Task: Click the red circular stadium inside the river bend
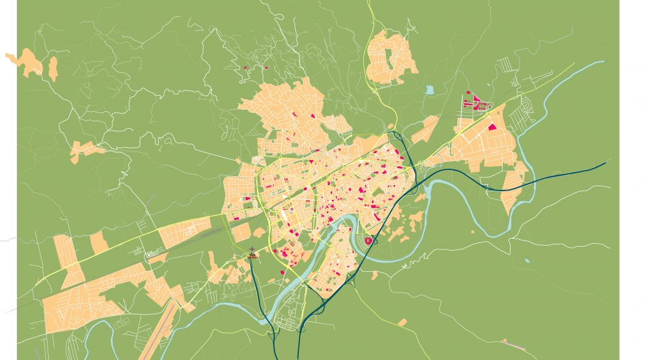(x=368, y=240)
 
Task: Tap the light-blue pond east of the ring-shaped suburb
(x=430, y=90)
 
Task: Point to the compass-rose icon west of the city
(x=251, y=253)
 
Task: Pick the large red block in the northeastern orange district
(x=492, y=127)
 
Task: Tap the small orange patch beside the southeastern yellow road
(x=403, y=322)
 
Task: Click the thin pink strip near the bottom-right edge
(x=513, y=342)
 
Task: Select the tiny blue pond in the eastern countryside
(x=527, y=260)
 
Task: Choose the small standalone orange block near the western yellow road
(x=99, y=242)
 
